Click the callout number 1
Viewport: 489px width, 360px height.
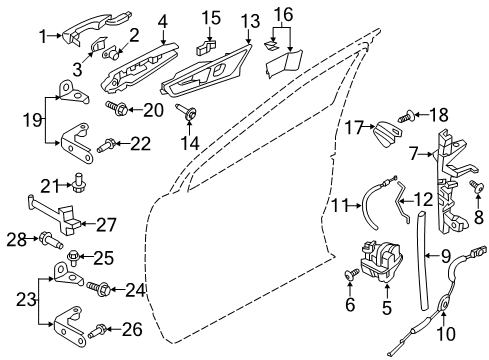pyautogui.click(x=42, y=37)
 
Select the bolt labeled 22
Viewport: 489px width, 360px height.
pyautogui.click(x=107, y=144)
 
